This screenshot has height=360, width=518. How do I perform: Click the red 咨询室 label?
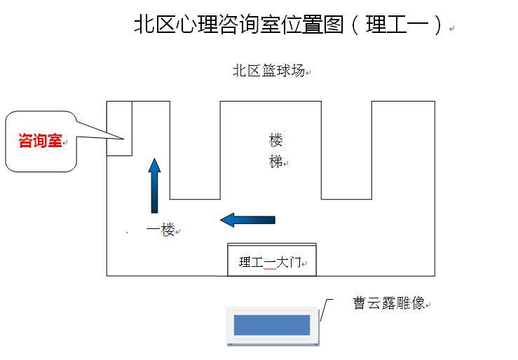40,141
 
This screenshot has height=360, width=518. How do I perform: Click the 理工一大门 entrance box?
272,261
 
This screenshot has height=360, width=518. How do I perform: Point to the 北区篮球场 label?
268,71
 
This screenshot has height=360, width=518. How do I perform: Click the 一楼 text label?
161,230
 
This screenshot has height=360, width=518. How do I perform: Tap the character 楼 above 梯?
276,139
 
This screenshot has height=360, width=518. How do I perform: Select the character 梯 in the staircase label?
276,161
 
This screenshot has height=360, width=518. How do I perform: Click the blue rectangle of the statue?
272,325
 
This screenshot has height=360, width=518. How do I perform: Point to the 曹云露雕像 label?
389,303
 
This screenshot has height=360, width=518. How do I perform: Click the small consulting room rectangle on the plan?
119,129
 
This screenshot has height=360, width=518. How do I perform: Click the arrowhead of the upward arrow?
154,165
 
